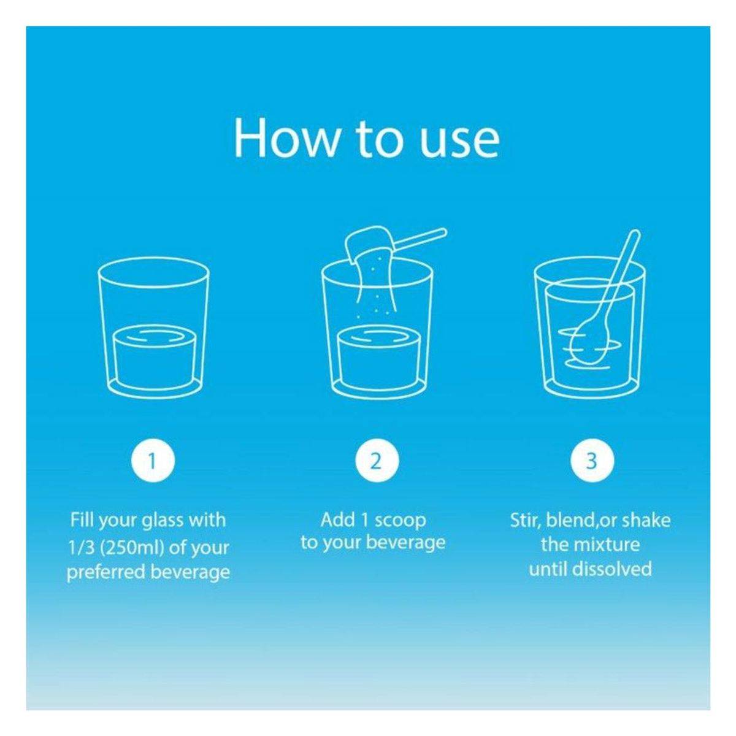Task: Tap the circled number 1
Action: [x=153, y=461]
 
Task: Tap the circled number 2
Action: [x=377, y=461]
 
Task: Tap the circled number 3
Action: [x=592, y=461]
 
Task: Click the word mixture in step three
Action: [x=611, y=553]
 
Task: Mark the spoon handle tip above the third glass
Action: [x=635, y=232]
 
